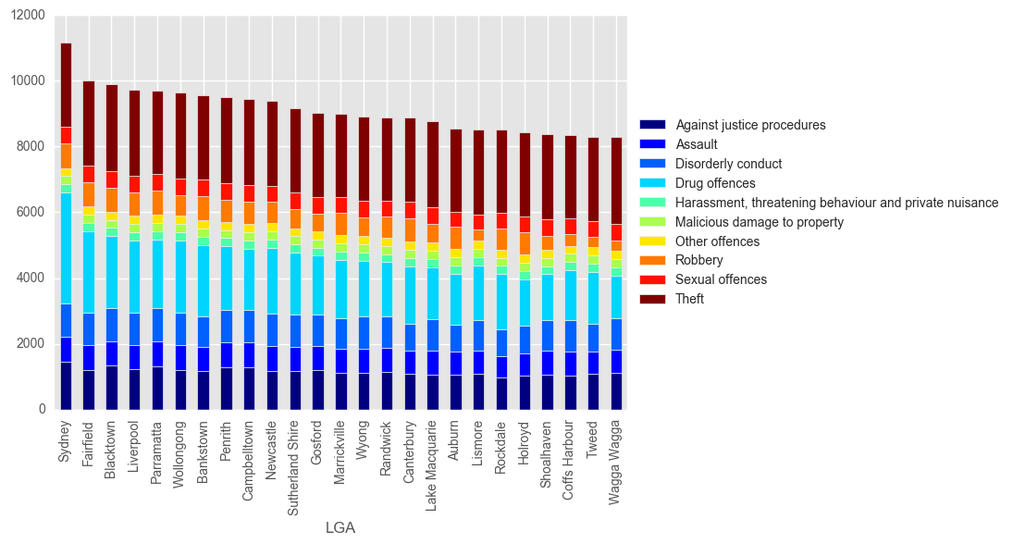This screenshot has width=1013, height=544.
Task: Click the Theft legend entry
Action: [x=689, y=299]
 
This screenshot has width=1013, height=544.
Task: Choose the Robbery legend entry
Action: [x=698, y=260]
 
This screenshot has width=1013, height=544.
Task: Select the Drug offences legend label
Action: [x=715, y=183]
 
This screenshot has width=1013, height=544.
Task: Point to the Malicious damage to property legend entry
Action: [x=759, y=222]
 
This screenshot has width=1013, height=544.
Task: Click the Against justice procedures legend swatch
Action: [x=652, y=125]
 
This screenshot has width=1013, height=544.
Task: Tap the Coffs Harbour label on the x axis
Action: [x=569, y=461]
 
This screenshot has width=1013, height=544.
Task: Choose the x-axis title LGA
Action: [x=340, y=528]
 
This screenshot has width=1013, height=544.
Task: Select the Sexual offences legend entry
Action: [x=721, y=279]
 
